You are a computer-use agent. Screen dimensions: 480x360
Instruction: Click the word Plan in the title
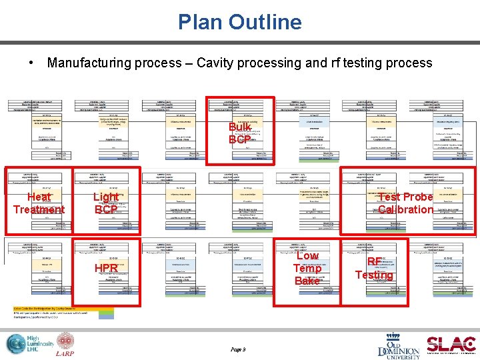click(x=200, y=22)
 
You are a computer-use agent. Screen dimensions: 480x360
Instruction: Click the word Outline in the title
click(x=265, y=22)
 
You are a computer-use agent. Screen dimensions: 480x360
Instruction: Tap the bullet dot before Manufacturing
click(x=32, y=63)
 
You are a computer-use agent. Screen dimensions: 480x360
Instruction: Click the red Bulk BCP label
click(x=239, y=133)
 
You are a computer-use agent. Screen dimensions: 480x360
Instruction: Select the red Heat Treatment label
click(x=39, y=203)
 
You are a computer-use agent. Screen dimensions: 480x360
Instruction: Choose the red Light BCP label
click(x=106, y=203)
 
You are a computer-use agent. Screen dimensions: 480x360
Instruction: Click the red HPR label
click(x=106, y=268)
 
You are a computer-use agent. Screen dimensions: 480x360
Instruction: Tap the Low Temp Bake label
click(x=307, y=268)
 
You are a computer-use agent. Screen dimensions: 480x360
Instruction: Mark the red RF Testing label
click(x=374, y=268)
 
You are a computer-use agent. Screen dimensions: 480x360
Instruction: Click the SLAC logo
click(x=451, y=344)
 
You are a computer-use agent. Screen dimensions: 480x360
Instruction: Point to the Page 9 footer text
click(x=238, y=349)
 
